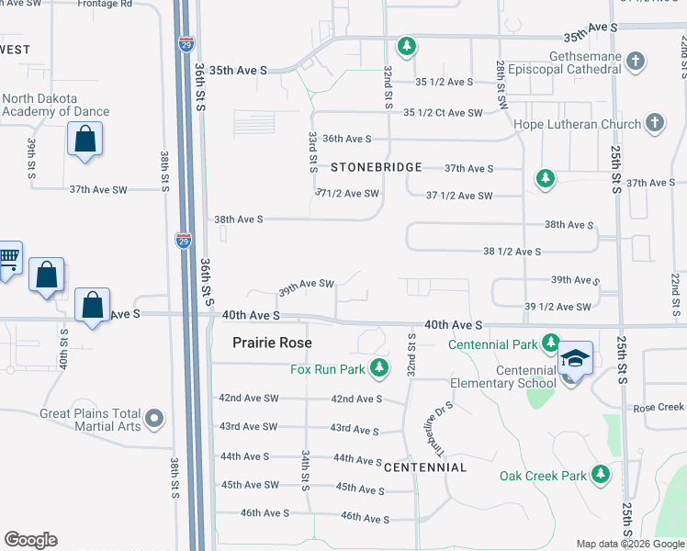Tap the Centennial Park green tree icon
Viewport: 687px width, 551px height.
point(550,343)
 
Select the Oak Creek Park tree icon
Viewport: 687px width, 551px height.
point(600,474)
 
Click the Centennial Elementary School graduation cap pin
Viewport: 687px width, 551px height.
point(575,359)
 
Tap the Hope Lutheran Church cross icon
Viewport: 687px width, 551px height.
point(654,122)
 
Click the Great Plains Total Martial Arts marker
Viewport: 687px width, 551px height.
point(154,420)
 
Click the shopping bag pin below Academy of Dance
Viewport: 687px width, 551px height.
point(84,141)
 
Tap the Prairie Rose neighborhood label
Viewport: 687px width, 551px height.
point(271,343)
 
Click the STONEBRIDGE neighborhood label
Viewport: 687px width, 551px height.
point(376,167)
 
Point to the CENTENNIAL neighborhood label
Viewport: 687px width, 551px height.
point(425,467)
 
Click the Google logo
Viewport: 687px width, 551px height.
point(30,540)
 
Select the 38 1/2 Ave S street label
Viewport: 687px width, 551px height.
point(512,251)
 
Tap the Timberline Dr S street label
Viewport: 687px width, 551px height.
point(439,429)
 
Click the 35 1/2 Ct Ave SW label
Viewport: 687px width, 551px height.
point(443,113)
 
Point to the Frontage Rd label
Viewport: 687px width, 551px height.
point(106,4)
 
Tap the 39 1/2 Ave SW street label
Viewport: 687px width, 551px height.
point(557,307)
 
